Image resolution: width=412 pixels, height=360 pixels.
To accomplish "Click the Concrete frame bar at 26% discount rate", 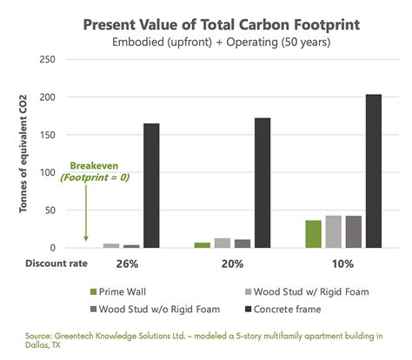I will tap(151, 186).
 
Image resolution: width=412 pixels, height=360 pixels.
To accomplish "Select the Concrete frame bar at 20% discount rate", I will tap(262, 183).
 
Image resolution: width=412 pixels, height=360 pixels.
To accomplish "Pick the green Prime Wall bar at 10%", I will tap(313, 234).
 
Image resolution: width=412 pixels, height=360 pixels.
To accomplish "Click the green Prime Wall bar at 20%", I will tap(202, 245).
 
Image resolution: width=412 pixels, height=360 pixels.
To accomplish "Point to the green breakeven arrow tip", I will tap(85, 241).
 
